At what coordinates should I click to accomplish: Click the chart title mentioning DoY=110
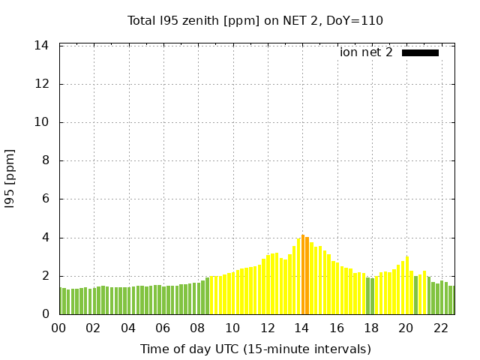(x=255, y=20)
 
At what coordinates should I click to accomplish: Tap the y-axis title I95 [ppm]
(x=10, y=179)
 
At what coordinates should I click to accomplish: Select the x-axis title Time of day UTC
(x=255, y=349)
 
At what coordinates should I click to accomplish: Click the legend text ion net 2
(x=366, y=52)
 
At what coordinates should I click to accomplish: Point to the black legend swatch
(x=420, y=52)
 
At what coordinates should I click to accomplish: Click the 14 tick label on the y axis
(x=42, y=46)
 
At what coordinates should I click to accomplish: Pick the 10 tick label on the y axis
(x=42, y=122)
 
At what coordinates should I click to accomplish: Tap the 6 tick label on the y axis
(x=45, y=199)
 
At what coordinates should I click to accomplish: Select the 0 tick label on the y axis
(x=45, y=314)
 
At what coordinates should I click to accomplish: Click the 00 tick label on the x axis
(x=58, y=328)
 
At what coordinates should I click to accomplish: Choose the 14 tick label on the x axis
(x=301, y=328)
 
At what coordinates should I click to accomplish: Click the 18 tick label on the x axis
(x=370, y=328)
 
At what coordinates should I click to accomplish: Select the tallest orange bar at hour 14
(x=303, y=274)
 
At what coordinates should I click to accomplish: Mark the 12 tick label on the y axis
(x=42, y=84)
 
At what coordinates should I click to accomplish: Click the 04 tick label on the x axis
(x=128, y=328)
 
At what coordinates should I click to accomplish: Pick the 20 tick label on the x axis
(x=406, y=328)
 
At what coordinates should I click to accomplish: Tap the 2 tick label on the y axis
(x=45, y=276)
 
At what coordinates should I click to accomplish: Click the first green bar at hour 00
(x=61, y=301)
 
